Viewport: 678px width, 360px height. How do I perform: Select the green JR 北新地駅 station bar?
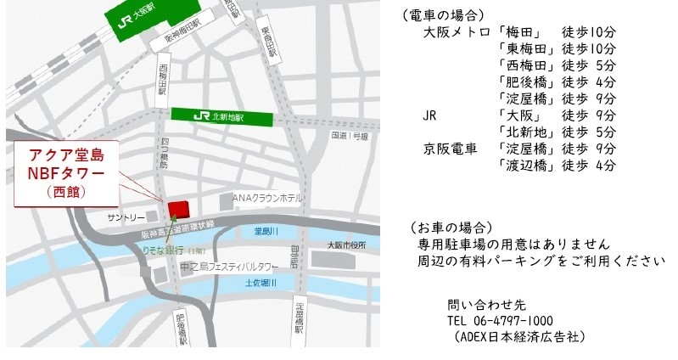tap(222, 115)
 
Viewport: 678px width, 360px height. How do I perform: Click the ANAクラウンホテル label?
tap(267, 198)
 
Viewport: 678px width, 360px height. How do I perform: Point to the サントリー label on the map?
tap(123, 218)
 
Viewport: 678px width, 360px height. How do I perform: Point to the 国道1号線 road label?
tap(350, 135)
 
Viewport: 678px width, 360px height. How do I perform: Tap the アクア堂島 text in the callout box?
tap(66, 156)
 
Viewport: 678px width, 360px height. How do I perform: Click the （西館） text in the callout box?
tap(66, 192)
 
